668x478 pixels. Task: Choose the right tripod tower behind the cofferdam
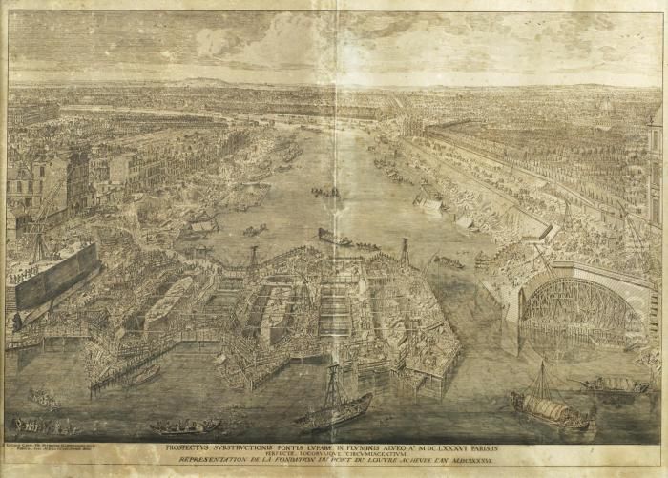pos(405,251)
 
